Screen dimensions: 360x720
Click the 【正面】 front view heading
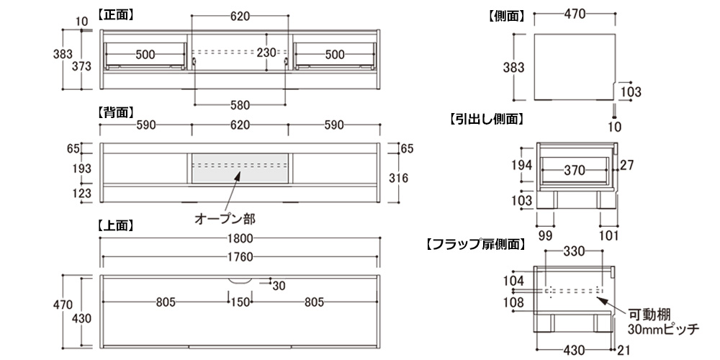point(116,14)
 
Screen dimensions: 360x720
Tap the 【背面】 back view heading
point(116,112)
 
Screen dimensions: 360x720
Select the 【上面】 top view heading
point(116,225)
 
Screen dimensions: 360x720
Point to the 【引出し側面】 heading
point(486,120)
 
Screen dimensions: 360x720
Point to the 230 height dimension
point(266,53)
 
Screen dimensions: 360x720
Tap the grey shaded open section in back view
point(240,168)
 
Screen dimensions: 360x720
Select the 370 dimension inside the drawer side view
point(574,171)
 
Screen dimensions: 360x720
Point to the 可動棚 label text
point(649,314)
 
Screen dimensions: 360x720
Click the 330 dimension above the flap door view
point(574,252)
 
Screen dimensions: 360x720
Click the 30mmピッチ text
point(663,329)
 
